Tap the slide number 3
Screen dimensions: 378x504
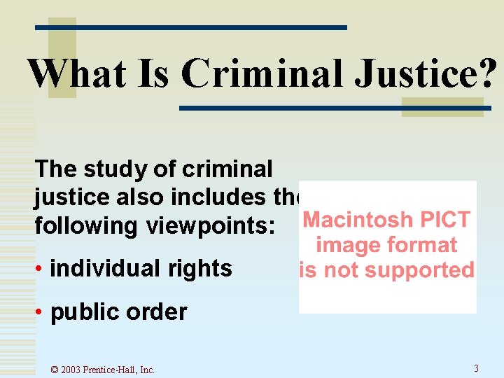tap(476, 368)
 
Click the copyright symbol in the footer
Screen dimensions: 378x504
tap(55, 370)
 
